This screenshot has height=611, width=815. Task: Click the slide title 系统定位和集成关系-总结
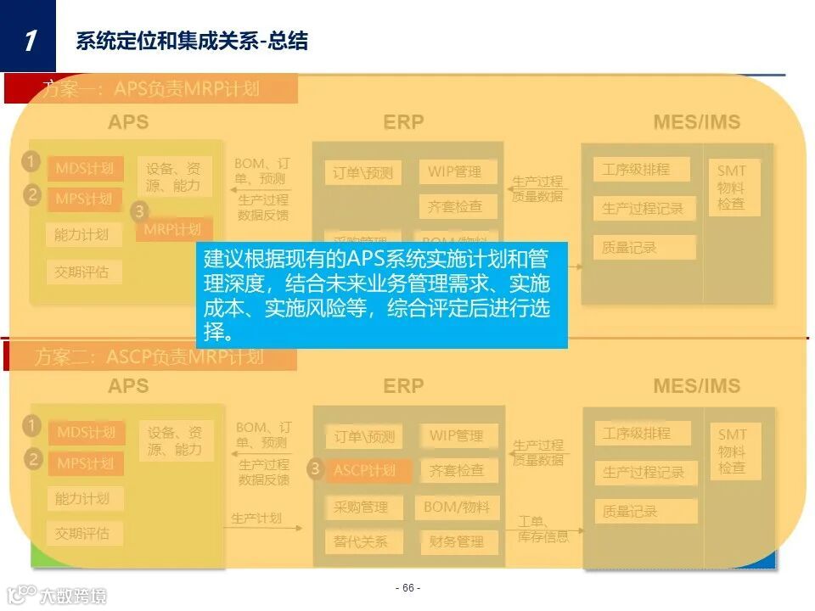tap(192, 40)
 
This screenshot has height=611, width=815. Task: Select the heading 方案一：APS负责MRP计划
tap(151, 88)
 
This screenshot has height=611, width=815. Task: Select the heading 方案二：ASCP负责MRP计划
tap(149, 357)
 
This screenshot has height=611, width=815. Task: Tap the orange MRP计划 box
tap(172, 229)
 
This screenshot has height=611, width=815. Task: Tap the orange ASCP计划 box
tap(365, 470)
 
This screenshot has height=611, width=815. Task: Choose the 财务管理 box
tap(457, 541)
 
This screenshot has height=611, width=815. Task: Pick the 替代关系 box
tap(357, 541)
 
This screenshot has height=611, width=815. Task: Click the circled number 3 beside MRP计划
tap(141, 211)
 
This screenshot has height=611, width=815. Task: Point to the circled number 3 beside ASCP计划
tap(316, 468)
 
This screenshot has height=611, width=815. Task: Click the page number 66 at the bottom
tap(407, 588)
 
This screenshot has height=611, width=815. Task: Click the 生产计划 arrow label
tap(256, 518)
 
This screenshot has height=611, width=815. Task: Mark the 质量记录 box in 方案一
tap(630, 247)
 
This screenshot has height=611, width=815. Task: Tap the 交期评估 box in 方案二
tap(82, 533)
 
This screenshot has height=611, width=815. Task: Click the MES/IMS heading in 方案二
tap(697, 386)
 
